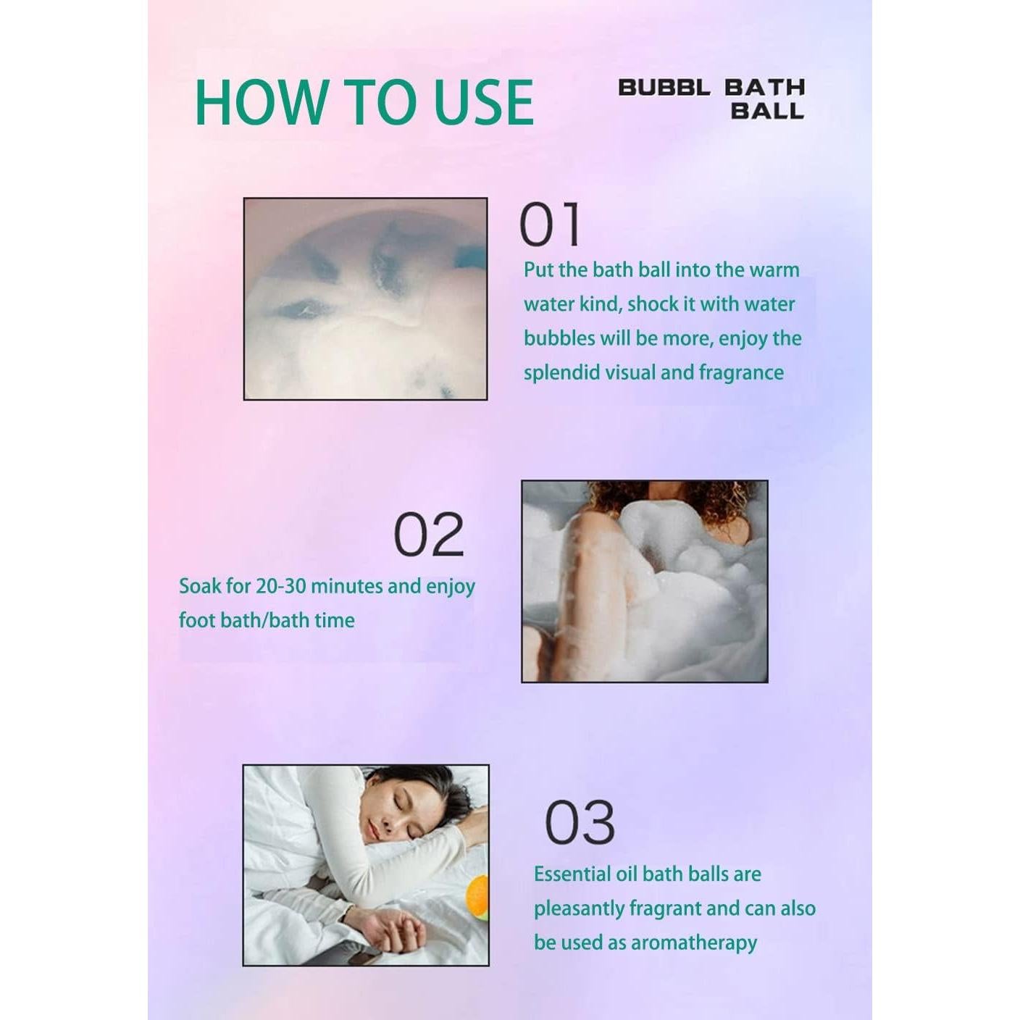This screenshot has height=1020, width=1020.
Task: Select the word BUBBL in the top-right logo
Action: click(664, 88)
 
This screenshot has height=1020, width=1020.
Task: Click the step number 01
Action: click(551, 225)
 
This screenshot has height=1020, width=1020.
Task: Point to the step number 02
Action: click(428, 535)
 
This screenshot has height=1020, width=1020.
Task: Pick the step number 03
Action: click(580, 822)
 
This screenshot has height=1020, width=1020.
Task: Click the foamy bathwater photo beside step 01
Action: click(365, 298)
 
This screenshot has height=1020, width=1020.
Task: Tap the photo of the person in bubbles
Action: click(644, 581)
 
